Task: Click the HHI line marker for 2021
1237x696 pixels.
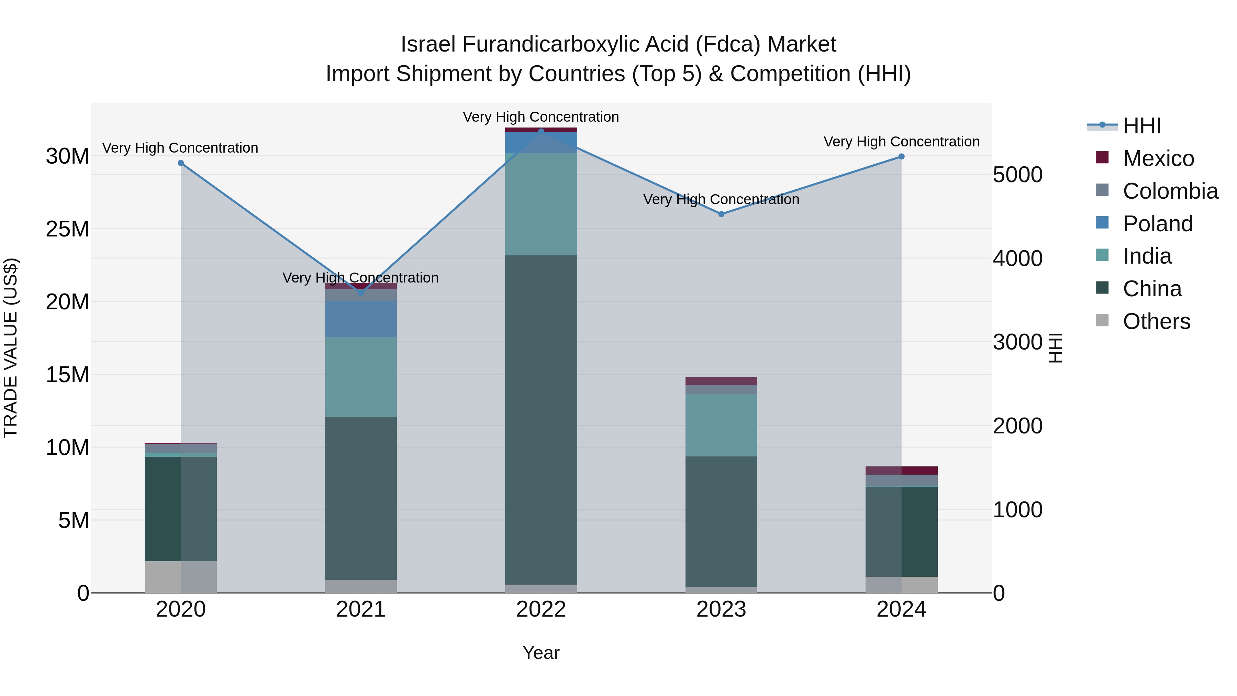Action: (x=361, y=293)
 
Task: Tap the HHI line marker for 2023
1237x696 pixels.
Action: (x=721, y=214)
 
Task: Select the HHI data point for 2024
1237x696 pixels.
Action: (x=901, y=157)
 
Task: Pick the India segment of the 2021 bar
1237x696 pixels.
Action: (x=361, y=377)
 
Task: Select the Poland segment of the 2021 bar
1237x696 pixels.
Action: (x=361, y=319)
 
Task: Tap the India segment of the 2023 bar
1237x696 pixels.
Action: (x=721, y=425)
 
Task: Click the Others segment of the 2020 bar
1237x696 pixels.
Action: (x=180, y=576)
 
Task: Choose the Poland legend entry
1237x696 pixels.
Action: (x=1157, y=224)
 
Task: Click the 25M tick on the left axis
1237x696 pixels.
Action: (x=67, y=229)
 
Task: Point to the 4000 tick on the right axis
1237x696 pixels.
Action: (x=1017, y=258)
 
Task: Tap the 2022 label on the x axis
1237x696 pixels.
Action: (x=541, y=609)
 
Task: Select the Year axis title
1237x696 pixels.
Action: (x=541, y=653)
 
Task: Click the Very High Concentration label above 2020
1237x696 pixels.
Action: (x=180, y=148)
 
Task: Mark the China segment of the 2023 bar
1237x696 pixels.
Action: (x=721, y=521)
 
